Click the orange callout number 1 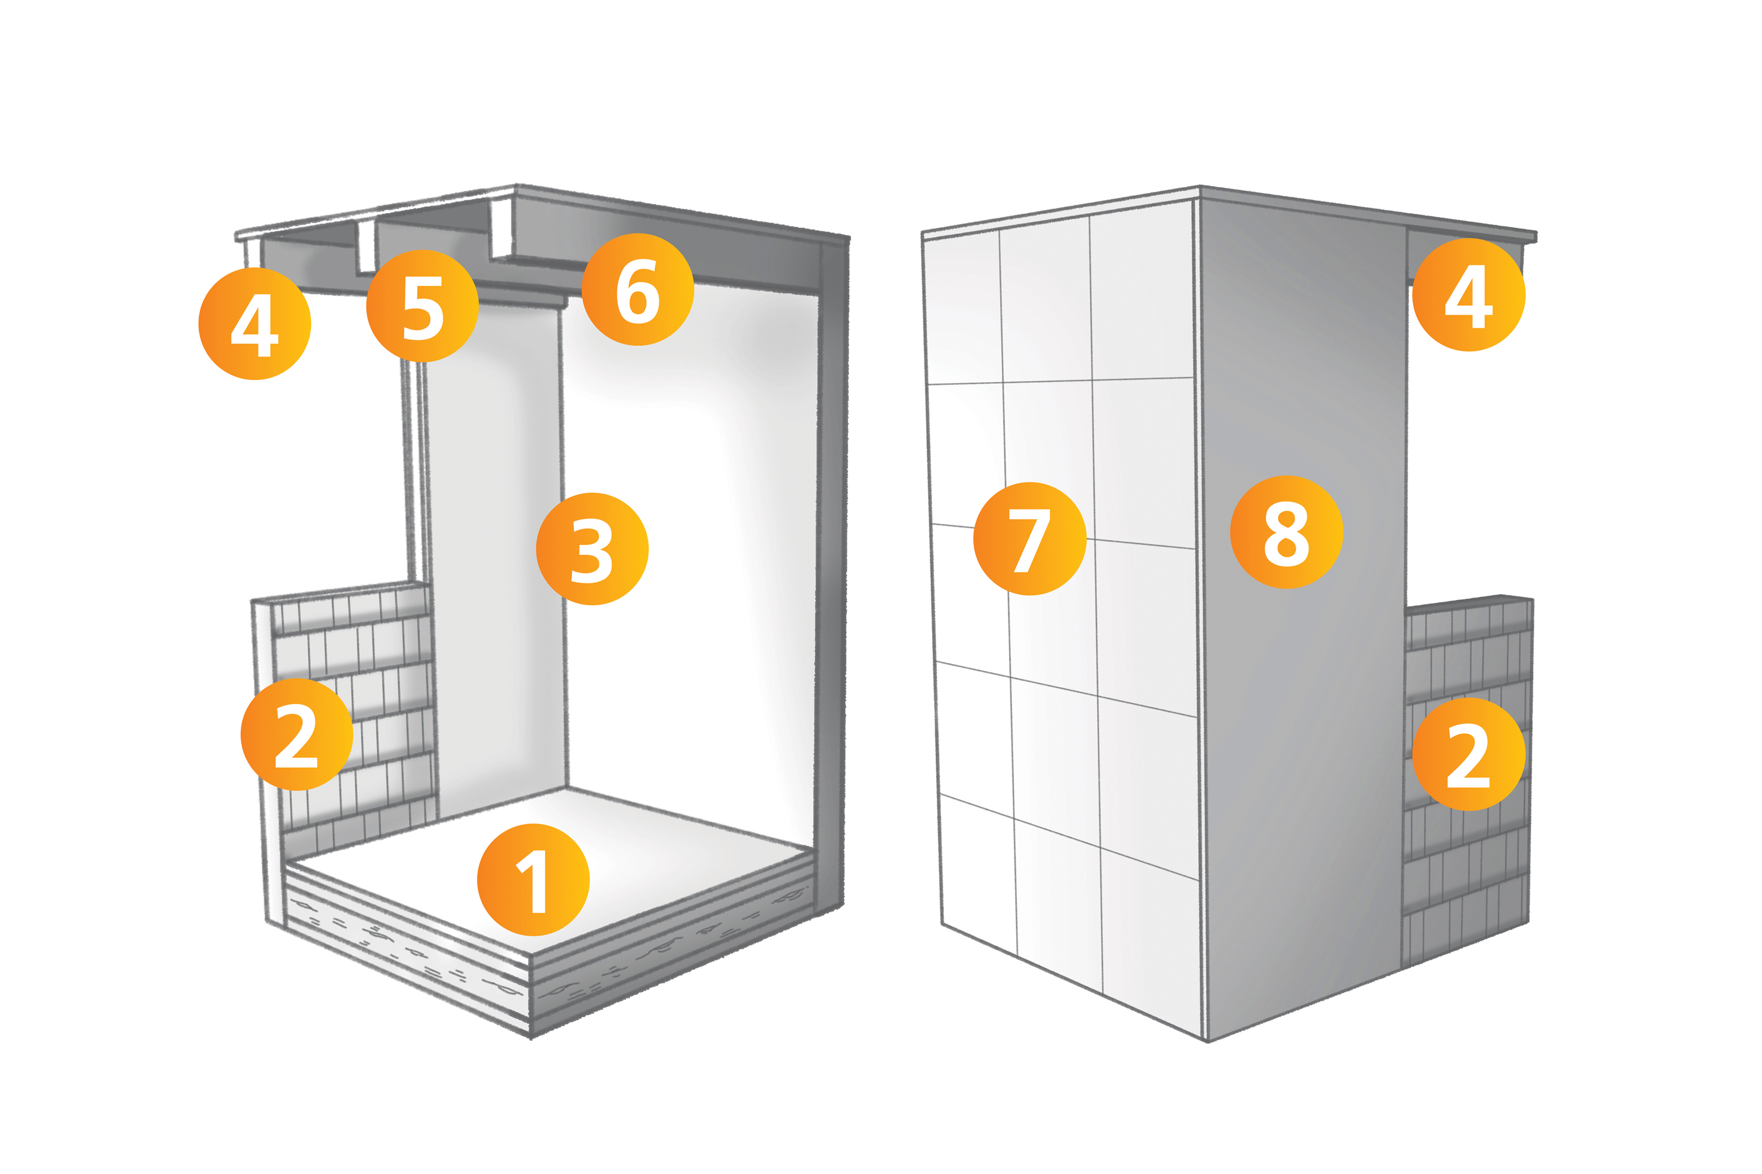pyautogui.click(x=533, y=880)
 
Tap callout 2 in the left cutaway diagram pyautogui.click(x=297, y=734)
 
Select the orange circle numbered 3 pyautogui.click(x=592, y=549)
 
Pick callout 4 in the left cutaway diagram pyautogui.click(x=255, y=323)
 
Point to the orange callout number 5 pyautogui.click(x=422, y=305)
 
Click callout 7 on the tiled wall pyautogui.click(x=1030, y=538)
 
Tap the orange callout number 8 pyautogui.click(x=1286, y=532)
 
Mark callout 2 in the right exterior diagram pyautogui.click(x=1468, y=754)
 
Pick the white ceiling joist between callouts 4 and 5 pyautogui.click(x=365, y=247)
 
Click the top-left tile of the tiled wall pyautogui.click(x=963, y=308)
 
